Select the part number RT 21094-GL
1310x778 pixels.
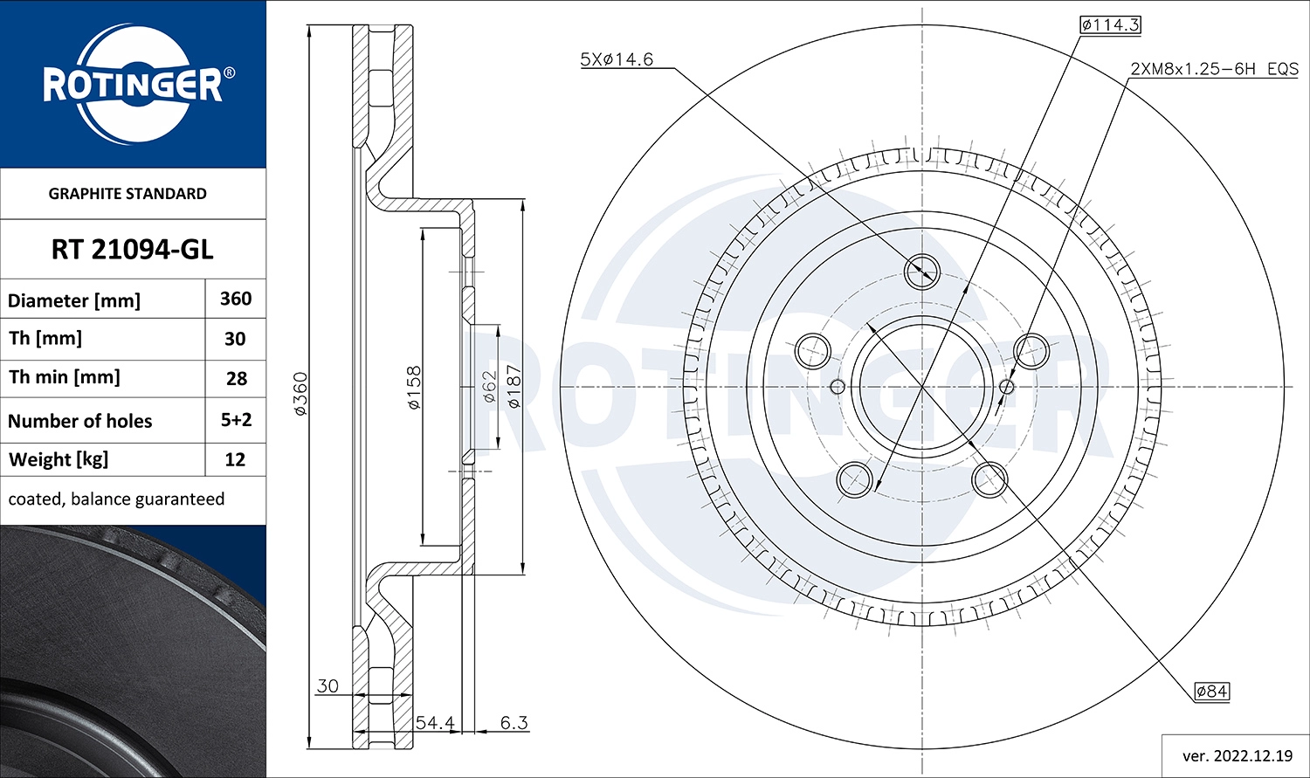133,250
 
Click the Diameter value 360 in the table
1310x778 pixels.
236,299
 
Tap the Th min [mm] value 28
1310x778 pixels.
236,379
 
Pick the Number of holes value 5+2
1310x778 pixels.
236,420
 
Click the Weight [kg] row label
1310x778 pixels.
58,459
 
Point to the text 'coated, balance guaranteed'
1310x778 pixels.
116,499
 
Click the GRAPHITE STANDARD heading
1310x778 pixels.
128,194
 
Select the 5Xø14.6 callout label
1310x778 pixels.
617,59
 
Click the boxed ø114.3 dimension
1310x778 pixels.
1110,24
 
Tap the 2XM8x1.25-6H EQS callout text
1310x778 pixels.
1214,68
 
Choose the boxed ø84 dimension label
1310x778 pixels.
1212,692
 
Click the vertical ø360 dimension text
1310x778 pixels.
300,394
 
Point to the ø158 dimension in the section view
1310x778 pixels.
414,388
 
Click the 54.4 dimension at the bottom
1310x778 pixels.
434,723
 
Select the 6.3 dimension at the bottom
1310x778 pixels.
514,723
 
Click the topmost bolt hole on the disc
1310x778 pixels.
921,270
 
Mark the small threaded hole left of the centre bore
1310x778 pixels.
837,387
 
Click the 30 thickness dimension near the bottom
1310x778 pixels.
327,686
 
